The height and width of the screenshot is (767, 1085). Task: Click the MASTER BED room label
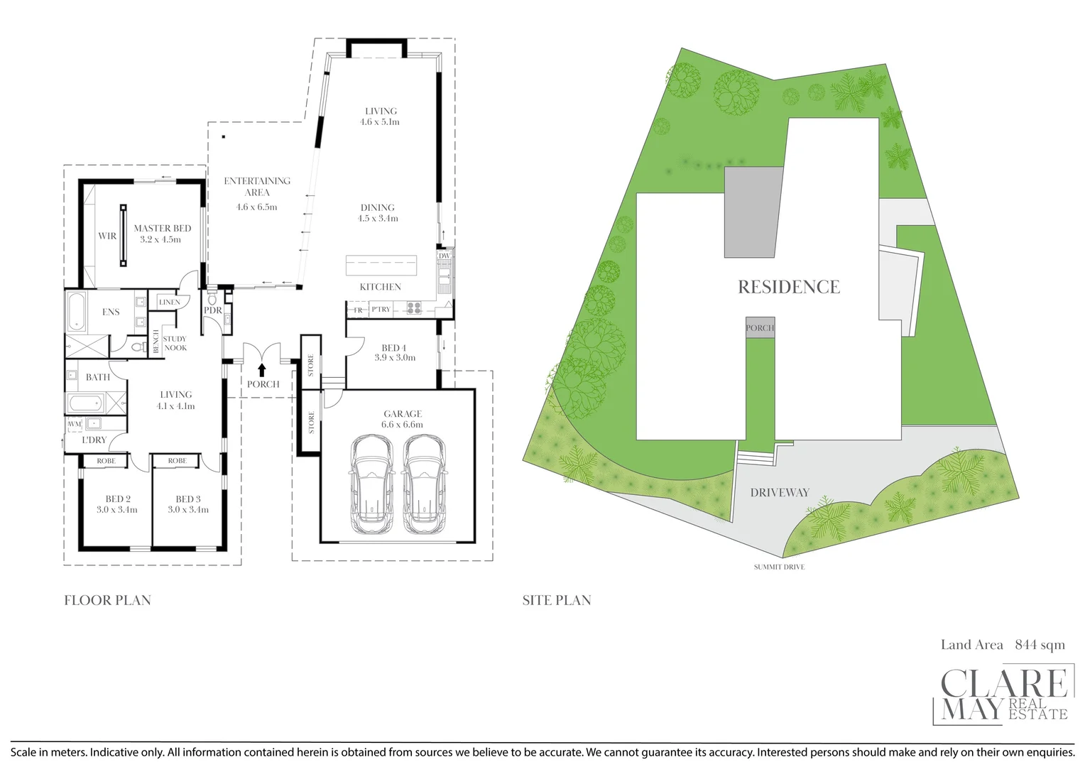162,228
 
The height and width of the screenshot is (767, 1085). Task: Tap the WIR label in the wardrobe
107,236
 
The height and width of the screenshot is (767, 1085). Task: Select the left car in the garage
370,484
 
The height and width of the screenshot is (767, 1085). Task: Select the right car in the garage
423,484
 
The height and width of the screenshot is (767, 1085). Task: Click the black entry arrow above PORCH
262,369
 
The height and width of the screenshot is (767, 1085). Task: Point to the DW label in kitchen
444,256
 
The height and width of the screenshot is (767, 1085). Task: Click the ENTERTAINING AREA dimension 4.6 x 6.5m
256,207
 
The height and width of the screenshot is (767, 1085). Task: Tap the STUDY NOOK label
175,343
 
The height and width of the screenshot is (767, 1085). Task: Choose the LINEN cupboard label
170,302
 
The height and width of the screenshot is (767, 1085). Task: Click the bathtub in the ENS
76,312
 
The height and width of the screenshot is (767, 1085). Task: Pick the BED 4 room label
394,348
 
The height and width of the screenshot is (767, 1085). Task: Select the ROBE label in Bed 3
178,461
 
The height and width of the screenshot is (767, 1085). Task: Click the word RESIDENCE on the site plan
788,287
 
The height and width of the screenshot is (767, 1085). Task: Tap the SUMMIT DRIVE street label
779,567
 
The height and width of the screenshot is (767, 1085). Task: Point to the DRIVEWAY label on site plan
780,492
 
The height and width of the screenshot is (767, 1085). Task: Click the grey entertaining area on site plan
753,213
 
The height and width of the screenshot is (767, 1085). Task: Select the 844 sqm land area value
1040,644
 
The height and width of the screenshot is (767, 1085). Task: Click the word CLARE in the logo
1003,684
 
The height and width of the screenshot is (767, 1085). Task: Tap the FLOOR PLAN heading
107,600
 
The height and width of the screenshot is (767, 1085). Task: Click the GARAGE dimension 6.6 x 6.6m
402,425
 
